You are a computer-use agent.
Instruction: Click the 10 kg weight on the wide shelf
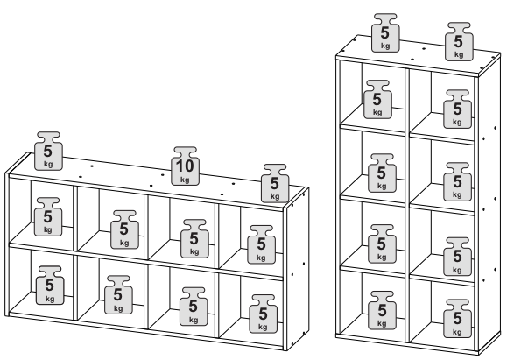coord(186,166)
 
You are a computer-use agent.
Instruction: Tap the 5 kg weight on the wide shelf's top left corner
coord(48,152)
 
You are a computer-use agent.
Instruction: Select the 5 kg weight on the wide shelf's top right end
coord(275,184)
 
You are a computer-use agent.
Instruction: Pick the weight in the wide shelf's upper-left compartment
coord(48,217)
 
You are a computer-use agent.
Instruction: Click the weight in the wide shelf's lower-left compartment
coord(50,286)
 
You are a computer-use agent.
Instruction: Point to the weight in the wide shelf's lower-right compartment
coord(264,314)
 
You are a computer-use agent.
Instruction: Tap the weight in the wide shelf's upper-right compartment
coord(261,244)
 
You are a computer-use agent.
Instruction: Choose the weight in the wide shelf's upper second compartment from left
coord(124,229)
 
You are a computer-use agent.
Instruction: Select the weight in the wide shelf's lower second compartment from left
coord(118,295)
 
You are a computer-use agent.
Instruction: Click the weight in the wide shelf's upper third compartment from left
coord(194,239)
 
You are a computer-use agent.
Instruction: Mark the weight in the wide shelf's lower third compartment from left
coord(194,307)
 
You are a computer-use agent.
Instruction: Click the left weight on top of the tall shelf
coord(385,32)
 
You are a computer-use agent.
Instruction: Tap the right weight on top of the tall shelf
coord(459,42)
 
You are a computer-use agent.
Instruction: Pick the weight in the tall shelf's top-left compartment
coord(377,100)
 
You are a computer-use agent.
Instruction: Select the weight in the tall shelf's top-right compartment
coord(458,109)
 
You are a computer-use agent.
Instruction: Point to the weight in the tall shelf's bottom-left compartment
coord(382,310)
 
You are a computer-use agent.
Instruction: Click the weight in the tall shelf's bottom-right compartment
coord(458,318)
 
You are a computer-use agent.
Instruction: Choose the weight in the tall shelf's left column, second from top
coord(382,173)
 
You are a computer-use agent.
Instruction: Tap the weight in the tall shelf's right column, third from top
coord(458,257)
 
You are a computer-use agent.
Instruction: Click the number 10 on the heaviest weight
coord(186,166)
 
